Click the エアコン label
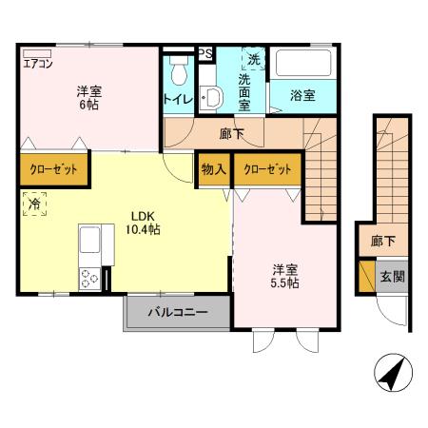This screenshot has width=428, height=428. coord(38,65)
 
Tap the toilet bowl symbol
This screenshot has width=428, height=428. coord(178,71)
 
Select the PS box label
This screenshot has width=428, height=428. coord(204,54)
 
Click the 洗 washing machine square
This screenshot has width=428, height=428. coord(253,59)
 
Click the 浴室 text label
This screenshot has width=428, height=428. coord(302,96)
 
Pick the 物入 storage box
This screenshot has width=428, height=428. coord(213,169)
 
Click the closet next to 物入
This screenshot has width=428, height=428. coord(267,169)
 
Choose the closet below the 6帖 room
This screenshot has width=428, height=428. coord(53,169)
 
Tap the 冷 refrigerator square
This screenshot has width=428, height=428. coord(34,204)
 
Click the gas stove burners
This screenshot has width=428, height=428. coord(91,279)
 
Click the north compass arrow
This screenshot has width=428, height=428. coord(392,373)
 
